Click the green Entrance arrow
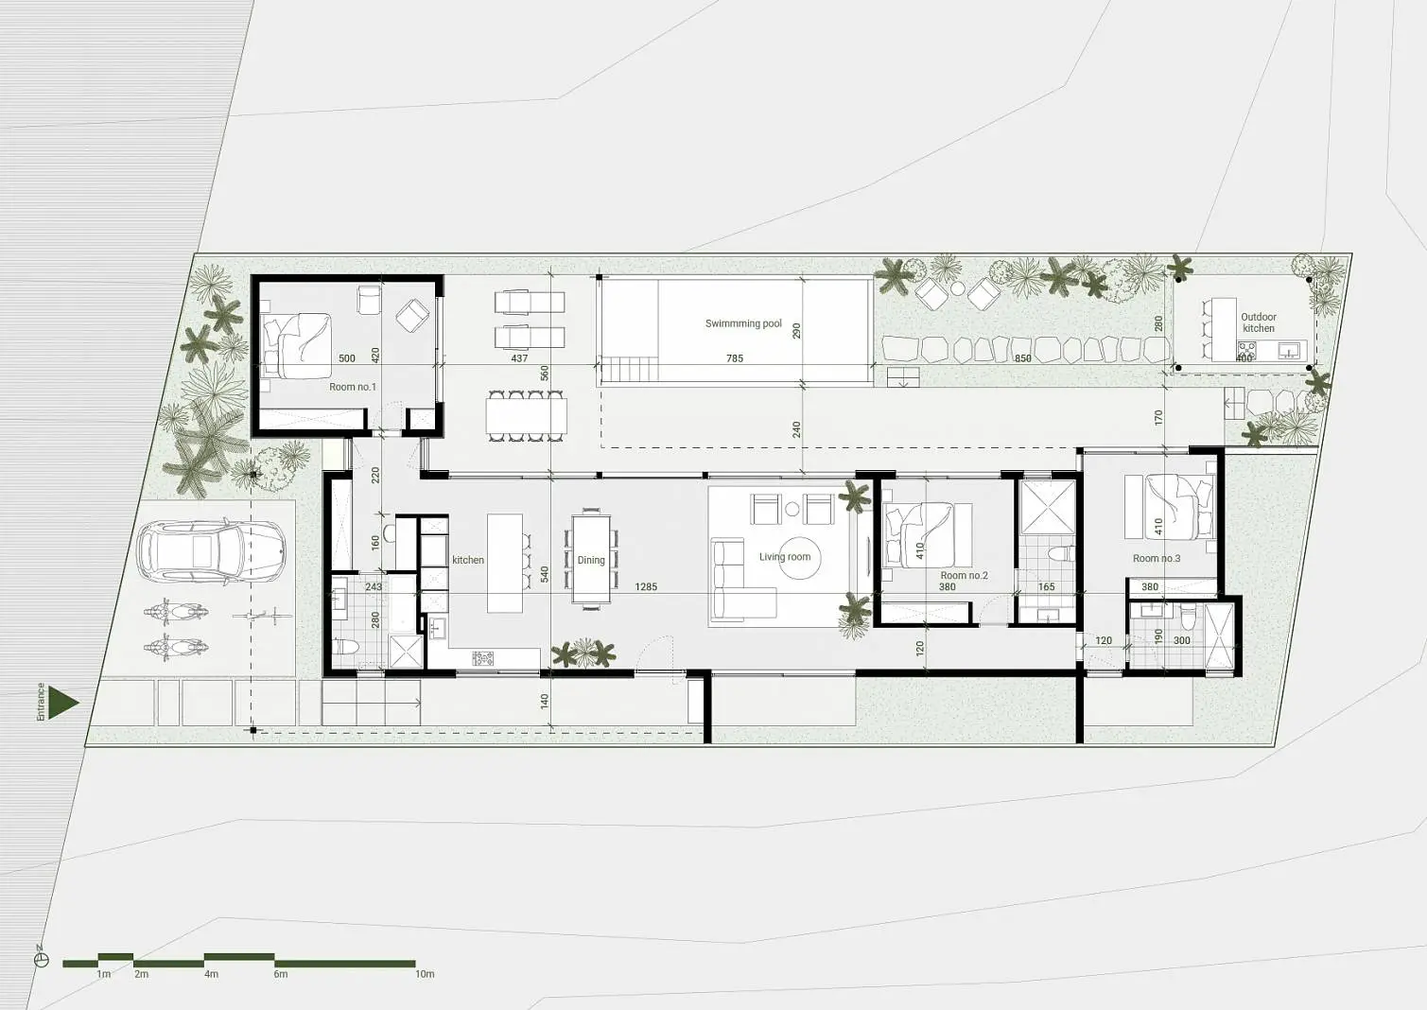click(63, 703)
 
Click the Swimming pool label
click(742, 323)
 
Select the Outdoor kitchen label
click(1258, 322)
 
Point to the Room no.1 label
click(353, 387)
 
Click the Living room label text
click(785, 557)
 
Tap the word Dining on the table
click(590, 560)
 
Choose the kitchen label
click(468, 560)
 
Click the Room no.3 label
click(1157, 558)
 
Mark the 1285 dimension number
click(645, 587)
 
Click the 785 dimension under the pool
click(735, 358)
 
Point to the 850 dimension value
click(1022, 358)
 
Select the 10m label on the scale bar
click(425, 974)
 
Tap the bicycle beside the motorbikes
click(262, 616)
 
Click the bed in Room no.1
click(297, 345)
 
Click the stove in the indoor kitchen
click(482, 658)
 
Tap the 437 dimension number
click(519, 358)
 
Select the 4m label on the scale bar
click(212, 974)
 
